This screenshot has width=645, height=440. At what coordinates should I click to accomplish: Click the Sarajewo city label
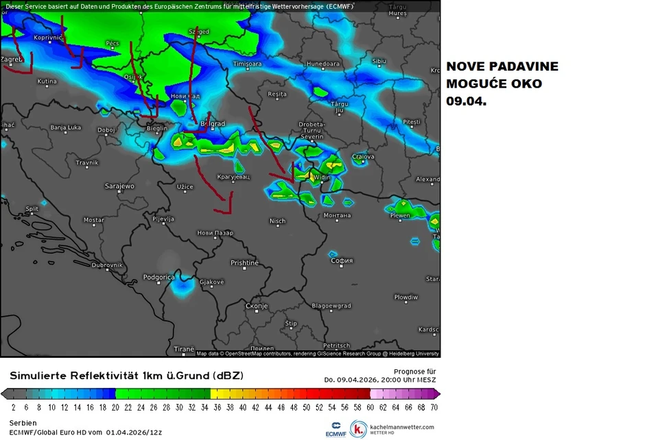(119, 186)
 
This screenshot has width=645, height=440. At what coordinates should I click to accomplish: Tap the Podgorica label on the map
(159, 278)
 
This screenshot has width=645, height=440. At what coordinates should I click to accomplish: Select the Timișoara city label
(248, 64)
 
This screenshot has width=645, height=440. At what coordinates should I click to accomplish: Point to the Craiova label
(363, 157)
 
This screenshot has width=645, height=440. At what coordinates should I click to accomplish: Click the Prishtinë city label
(244, 263)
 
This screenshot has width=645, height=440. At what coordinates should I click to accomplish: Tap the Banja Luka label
(66, 127)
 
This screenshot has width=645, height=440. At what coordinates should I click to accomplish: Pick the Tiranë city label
(184, 349)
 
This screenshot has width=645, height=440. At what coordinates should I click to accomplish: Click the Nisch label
(277, 221)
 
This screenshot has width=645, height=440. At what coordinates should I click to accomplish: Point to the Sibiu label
(379, 61)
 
